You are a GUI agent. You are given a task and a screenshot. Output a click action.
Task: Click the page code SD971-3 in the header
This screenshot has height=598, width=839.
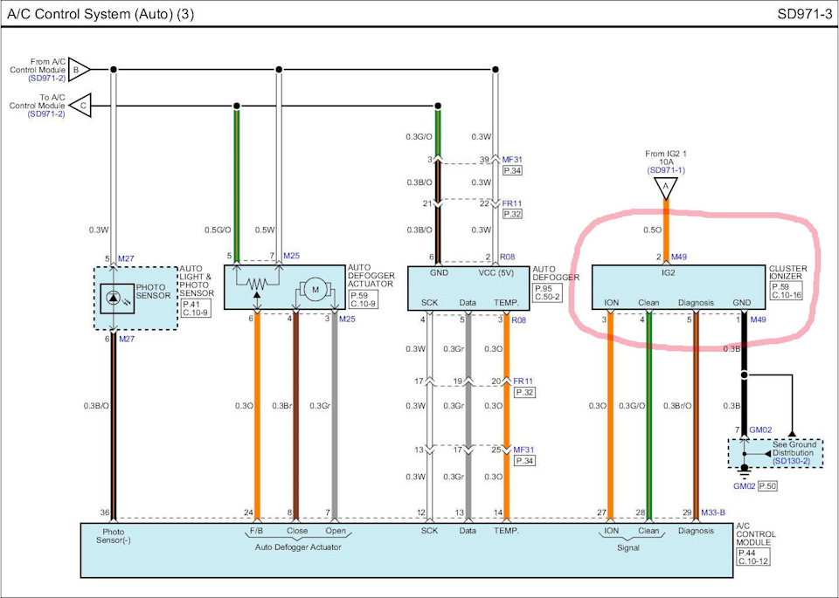point(804,15)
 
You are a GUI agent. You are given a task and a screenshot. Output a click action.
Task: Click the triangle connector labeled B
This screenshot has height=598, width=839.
point(78,70)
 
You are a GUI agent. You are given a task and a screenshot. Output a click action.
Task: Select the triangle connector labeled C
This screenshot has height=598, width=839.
point(80,106)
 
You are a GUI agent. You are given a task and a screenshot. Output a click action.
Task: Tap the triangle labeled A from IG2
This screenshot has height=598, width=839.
point(666,188)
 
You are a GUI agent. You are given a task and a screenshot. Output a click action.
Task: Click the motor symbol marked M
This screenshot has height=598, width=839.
point(315,290)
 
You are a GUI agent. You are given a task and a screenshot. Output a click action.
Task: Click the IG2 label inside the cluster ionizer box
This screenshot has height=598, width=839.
point(669,272)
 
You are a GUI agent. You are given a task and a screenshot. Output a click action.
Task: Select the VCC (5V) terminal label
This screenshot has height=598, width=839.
point(496,272)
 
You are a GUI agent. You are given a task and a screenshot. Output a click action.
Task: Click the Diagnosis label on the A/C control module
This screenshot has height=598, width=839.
point(696,531)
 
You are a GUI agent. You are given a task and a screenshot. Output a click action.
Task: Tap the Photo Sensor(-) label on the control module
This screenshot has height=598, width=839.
point(114,536)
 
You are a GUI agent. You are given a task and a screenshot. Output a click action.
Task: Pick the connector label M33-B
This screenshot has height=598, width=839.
point(713,512)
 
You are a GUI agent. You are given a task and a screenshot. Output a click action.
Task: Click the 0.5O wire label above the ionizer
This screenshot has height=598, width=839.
point(652,230)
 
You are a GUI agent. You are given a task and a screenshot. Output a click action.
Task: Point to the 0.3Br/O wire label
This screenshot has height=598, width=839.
point(677,406)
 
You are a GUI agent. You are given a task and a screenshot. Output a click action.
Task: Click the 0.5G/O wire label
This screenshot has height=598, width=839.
point(218,230)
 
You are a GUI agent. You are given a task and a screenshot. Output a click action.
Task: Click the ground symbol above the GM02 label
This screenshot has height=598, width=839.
point(744,471)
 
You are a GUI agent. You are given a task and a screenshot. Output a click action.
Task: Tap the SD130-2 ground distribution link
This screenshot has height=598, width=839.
point(792,461)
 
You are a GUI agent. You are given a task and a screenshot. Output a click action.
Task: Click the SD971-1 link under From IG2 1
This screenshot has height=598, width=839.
point(666,170)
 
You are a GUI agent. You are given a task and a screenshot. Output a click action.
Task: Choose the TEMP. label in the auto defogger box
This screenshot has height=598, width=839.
point(506,302)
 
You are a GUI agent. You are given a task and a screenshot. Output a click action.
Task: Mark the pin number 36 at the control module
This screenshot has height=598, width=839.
point(104,512)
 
